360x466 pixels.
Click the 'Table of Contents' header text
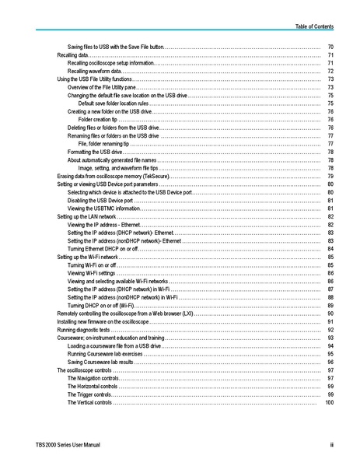point(314,26)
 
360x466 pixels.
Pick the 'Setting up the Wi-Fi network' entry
point(87,257)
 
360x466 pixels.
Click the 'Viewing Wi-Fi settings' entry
point(91,273)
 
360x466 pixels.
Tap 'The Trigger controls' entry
point(90,394)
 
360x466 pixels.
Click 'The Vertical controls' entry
point(90,402)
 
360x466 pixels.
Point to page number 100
point(329,402)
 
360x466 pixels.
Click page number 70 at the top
point(330,47)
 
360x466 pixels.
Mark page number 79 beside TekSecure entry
point(330,176)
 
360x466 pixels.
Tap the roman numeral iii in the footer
point(330,444)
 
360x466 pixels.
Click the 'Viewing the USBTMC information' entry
point(104,208)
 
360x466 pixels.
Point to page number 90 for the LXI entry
point(330,314)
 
